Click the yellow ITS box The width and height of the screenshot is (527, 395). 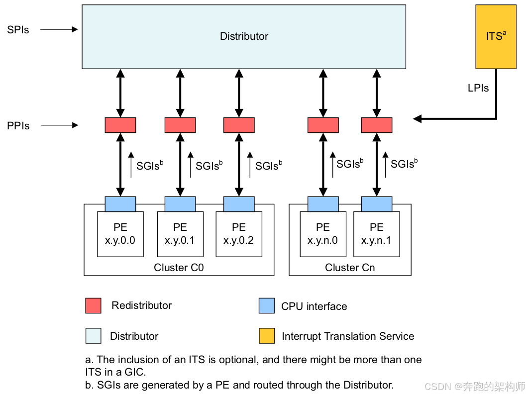coord(496,37)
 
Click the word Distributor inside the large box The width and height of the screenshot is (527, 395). coord(244,36)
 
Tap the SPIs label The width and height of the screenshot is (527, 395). coord(18,30)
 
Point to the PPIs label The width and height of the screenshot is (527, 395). coord(18,126)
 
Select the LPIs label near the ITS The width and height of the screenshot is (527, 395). coord(478,88)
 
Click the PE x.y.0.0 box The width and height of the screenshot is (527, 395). coord(120,234)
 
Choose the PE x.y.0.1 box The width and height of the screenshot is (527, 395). coord(180,234)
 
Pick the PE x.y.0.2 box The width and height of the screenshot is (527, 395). coord(239,234)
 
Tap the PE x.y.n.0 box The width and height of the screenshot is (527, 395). coord(323,234)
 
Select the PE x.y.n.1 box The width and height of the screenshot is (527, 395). coord(377,234)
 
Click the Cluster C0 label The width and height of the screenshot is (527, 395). coord(179,267)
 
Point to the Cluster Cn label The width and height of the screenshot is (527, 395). coord(350,267)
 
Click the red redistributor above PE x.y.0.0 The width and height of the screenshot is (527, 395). coord(120,125)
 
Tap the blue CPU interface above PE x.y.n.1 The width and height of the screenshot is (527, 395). coord(377,204)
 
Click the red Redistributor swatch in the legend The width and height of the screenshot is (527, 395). coord(94,305)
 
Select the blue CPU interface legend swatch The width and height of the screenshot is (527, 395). coord(267,305)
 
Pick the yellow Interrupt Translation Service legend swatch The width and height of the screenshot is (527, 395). coord(267,336)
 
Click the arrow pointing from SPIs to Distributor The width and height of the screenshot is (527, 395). coord(59,29)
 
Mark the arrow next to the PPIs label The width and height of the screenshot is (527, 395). coord(60,125)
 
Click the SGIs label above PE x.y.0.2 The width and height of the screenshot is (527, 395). coord(269,165)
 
